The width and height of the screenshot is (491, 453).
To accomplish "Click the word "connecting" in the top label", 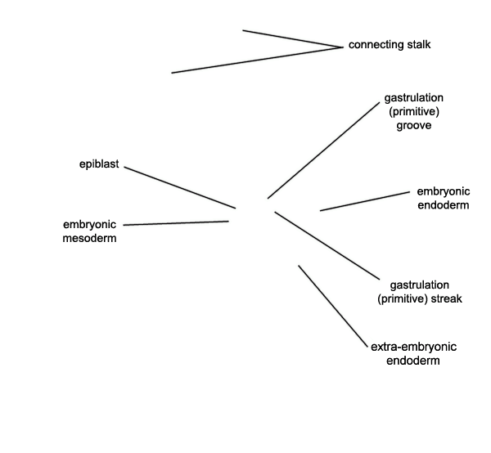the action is pyautogui.click(x=376, y=45).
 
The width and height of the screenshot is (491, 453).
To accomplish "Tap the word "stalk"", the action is pyautogui.click(x=419, y=44).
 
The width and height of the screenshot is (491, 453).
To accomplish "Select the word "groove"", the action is pyautogui.click(x=413, y=125).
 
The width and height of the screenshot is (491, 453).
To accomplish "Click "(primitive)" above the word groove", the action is pyautogui.click(x=414, y=112).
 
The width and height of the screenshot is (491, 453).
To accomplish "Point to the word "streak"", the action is pyautogui.click(x=447, y=298).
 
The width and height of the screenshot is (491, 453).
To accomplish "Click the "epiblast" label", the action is pyautogui.click(x=99, y=164).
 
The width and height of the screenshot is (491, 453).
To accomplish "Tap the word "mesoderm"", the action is pyautogui.click(x=89, y=238).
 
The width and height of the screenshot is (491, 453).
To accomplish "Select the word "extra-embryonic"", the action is pyautogui.click(x=413, y=347).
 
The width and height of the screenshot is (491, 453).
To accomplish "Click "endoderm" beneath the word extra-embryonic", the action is pyautogui.click(x=413, y=361).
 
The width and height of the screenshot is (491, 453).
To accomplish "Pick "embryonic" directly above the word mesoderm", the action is pyautogui.click(x=89, y=225).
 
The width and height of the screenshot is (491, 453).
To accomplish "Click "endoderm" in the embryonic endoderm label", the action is pyautogui.click(x=444, y=205).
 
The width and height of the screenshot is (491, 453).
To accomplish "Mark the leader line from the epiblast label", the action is pyautogui.click(x=180, y=187).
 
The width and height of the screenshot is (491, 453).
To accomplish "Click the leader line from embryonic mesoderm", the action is pyautogui.click(x=176, y=223).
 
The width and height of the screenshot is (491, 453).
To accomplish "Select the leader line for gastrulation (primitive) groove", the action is pyautogui.click(x=323, y=150).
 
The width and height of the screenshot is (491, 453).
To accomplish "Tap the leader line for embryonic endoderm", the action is pyautogui.click(x=365, y=201).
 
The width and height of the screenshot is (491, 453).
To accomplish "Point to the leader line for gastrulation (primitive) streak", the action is pyautogui.click(x=327, y=245).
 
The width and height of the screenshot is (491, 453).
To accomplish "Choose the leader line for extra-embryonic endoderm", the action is pyautogui.click(x=333, y=306).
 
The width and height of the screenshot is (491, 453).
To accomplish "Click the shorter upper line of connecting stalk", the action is pyautogui.click(x=293, y=38).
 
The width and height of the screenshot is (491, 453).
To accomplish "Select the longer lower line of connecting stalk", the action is pyautogui.click(x=258, y=60).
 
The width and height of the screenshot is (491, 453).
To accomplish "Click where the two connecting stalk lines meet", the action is pyautogui.click(x=343, y=47).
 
